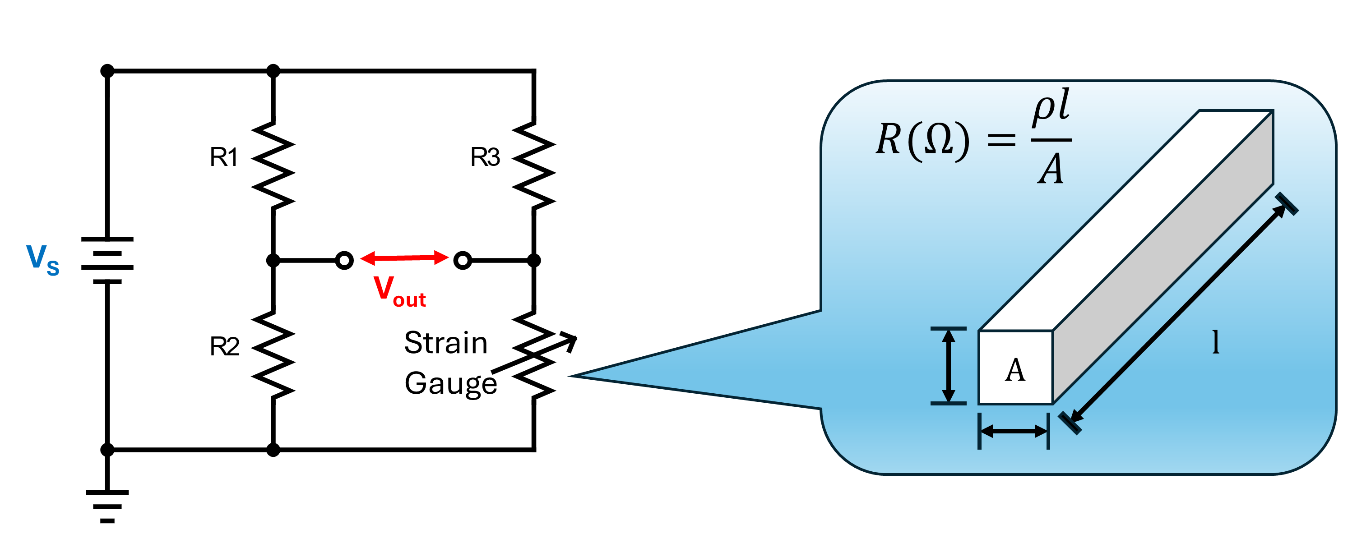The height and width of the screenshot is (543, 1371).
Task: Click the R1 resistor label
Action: (223, 157)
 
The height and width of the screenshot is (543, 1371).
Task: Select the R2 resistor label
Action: (224, 347)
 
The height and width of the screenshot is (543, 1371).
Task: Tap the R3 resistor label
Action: (485, 157)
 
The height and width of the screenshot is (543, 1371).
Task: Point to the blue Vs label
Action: (42, 259)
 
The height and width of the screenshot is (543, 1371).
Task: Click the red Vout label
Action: (400, 291)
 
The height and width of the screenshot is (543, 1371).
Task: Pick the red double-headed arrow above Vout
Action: (404, 258)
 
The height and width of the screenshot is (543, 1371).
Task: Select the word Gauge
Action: (450, 383)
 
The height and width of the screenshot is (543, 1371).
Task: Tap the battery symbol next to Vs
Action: (107, 261)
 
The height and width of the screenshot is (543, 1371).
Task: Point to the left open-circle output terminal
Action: (344, 261)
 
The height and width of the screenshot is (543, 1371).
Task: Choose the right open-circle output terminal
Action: (463, 261)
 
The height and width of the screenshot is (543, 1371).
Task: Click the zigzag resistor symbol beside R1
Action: (273, 165)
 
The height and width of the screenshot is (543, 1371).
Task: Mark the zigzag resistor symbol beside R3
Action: (534, 165)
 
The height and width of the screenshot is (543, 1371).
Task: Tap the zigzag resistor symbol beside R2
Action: (273, 355)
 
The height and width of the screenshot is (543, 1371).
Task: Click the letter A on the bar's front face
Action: (1015, 370)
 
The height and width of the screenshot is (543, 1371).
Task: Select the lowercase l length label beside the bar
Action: (1216, 342)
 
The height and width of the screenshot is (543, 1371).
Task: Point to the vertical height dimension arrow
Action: (949, 366)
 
